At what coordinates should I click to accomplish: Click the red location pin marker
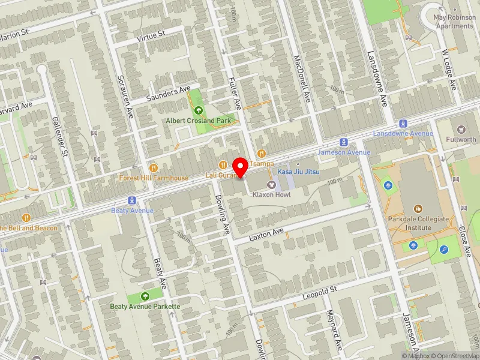241,167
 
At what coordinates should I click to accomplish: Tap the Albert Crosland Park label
199,121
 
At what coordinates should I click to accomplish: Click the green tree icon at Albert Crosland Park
199,110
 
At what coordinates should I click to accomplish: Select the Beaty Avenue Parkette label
145,307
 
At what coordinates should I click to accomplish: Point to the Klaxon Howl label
271,195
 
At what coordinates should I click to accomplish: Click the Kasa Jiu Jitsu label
299,172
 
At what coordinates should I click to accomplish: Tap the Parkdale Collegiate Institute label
418,223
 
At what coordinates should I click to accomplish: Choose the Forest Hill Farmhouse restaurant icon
154,168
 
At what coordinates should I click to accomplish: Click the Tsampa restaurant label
262,163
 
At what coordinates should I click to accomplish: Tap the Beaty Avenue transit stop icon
130,200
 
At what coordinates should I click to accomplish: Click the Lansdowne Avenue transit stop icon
403,122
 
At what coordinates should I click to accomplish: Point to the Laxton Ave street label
266,233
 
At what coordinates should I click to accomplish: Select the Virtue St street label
151,36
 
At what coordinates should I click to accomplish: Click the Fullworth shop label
461,139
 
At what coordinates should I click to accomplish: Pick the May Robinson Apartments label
454,22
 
